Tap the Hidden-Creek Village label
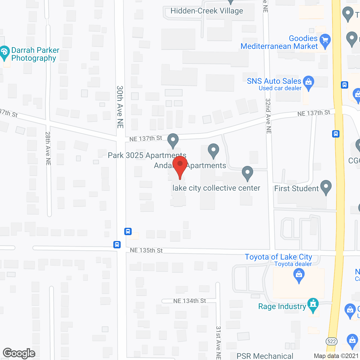[x=207, y=11]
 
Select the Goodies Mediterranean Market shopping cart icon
[x=325, y=41]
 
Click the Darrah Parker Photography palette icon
[x=4, y=52]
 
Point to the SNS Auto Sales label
[x=274, y=81]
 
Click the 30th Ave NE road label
[x=120, y=107]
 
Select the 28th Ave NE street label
[x=48, y=148]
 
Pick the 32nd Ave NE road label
[x=268, y=116]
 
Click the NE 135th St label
[x=146, y=250]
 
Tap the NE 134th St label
[x=190, y=301]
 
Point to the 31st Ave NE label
[x=218, y=342]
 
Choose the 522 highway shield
[x=332, y=341]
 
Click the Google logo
[x=19, y=353]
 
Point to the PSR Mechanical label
[x=265, y=356]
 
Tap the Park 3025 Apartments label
[x=147, y=156]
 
